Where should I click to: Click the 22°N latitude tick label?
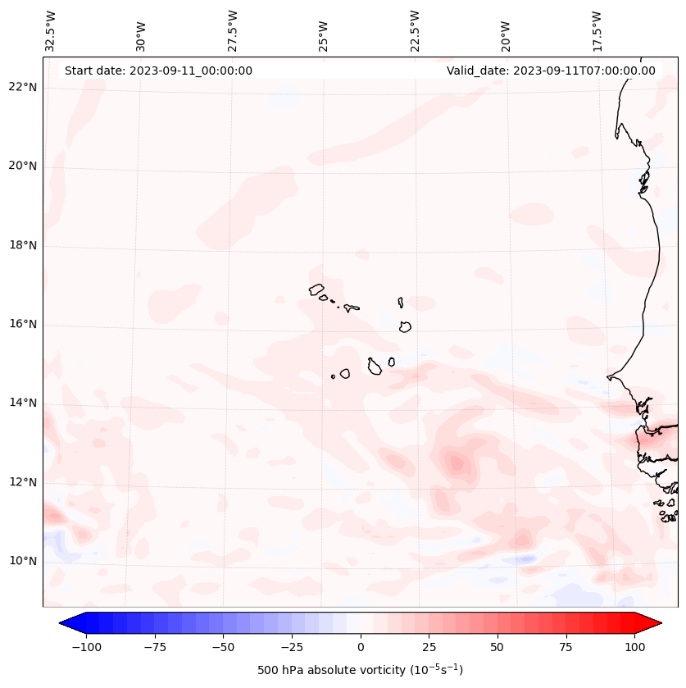tap(24, 87)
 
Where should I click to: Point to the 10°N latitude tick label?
tap(24, 561)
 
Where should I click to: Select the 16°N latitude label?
tap(24, 324)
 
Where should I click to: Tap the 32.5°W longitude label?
tap(51, 30)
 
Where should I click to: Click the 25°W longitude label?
tap(324, 33)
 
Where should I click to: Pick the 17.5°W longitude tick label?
tap(597, 30)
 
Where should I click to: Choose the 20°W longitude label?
tap(506, 33)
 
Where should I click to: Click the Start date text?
tap(158, 71)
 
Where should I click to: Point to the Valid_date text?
tap(551, 71)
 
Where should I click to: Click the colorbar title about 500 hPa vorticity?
tap(360, 670)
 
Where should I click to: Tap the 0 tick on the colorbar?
tap(360, 647)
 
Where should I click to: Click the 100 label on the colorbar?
tap(634, 647)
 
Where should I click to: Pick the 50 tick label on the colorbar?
tap(497, 647)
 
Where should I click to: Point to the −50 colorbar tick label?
tap(223, 647)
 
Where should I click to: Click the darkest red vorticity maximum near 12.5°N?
tap(456, 464)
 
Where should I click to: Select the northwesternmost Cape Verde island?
tap(316, 289)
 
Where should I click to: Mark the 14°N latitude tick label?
tap(24, 403)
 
